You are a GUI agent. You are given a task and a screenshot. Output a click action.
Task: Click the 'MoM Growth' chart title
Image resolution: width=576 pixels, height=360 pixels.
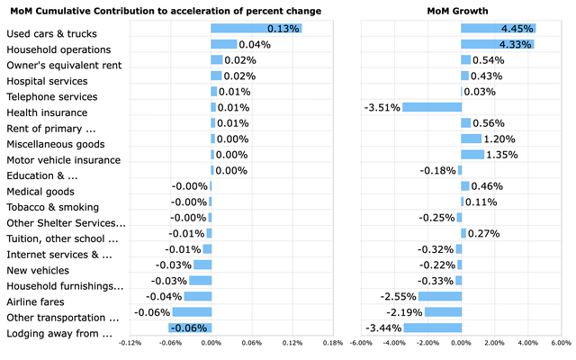click(460, 11)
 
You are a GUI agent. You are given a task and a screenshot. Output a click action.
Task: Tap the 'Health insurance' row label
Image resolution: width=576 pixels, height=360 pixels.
click(47, 112)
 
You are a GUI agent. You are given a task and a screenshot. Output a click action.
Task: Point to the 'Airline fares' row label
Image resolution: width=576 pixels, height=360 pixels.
click(37, 301)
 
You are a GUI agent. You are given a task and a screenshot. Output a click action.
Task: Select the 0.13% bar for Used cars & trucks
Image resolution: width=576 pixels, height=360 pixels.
click(256, 29)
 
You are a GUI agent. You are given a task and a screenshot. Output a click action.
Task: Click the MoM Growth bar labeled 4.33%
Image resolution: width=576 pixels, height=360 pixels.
click(497, 44)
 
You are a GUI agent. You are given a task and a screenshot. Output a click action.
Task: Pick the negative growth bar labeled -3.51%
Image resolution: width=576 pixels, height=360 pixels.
click(431, 107)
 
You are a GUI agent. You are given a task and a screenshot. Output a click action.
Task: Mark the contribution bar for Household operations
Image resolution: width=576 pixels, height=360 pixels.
click(223, 44)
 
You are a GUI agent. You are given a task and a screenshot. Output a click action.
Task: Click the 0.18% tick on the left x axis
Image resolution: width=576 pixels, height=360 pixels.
click(332, 343)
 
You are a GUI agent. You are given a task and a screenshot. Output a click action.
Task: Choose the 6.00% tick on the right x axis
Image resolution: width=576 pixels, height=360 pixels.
click(560, 343)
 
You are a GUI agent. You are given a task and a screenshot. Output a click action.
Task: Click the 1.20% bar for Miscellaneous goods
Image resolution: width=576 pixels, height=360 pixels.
click(471, 139)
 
